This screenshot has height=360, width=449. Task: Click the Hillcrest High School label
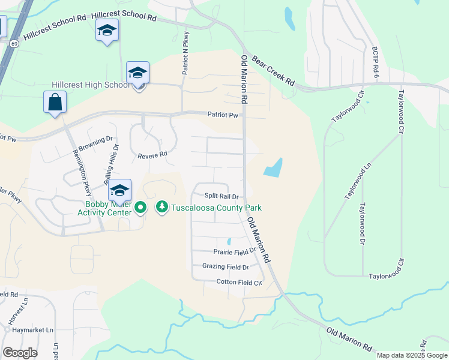91,85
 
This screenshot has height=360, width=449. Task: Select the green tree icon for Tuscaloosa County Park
161,208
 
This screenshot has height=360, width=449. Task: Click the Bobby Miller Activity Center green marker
141,208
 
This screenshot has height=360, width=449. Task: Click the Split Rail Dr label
221,196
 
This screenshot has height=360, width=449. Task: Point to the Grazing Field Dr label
225,267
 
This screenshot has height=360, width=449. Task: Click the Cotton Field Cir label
240,282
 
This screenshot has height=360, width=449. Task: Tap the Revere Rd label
152,155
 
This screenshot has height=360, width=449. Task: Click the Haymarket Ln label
29,330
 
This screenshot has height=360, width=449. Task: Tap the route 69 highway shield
13,43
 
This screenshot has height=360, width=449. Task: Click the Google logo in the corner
20,353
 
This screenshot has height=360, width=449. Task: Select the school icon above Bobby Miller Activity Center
119,190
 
